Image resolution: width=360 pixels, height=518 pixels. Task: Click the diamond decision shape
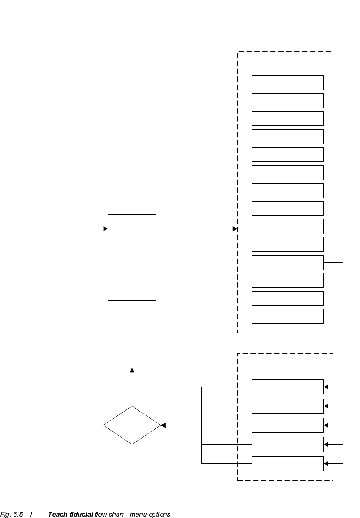132,425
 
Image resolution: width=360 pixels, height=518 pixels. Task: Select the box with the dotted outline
132,353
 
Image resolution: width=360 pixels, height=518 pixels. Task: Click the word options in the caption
158,514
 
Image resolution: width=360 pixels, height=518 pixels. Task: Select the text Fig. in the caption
5,514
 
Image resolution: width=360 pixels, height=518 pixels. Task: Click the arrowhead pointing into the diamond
163,425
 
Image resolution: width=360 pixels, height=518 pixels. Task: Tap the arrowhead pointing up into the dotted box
132,371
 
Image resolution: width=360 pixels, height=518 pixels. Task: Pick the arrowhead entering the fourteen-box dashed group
235,229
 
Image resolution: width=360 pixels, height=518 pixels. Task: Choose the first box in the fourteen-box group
287,82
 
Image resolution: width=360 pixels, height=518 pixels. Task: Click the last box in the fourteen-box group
287,316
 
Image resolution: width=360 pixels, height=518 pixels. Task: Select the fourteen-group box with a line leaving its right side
287,262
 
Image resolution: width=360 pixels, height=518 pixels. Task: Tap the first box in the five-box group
287,387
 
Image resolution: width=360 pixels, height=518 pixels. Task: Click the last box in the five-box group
287,463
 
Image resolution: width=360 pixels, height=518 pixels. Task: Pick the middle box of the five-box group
287,425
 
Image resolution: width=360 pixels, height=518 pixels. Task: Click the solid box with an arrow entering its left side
132,229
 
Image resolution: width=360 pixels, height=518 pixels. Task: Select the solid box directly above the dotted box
132,286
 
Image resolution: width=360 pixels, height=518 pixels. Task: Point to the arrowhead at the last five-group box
326,463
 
